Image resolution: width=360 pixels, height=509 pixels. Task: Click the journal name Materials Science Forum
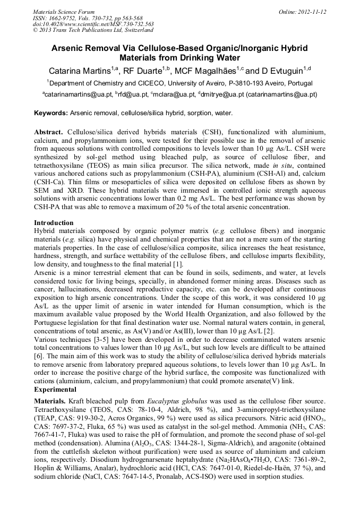click(64, 11)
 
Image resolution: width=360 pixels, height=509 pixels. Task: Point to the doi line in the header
click(93, 24)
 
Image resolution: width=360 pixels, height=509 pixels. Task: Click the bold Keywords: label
click(51, 114)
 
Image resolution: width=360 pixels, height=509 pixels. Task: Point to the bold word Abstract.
click(49, 131)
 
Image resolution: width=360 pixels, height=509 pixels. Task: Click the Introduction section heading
click(54, 222)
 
